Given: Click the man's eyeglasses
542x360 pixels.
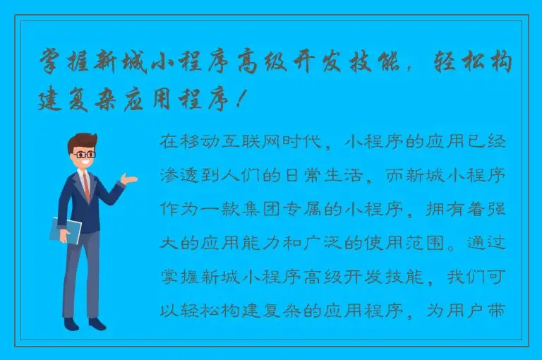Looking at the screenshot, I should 85,153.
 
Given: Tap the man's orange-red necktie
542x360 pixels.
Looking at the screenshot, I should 86,186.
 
